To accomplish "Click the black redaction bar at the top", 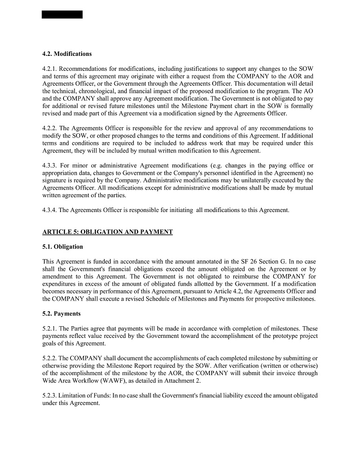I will pos(62,14).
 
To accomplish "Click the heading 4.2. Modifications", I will pos(67,54).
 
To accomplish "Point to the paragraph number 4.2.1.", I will pos(50,69).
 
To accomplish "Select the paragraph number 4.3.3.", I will pos(50,165).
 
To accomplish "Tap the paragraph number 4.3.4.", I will pos(50,210).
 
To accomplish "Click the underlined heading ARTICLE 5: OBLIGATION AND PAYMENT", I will pos(107,232).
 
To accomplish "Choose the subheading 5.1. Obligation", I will pos(62,247).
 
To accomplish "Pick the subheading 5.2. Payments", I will pos(62,314).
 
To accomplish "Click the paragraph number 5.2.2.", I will pos(50,358).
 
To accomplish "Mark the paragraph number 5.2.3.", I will pos(50,396).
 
